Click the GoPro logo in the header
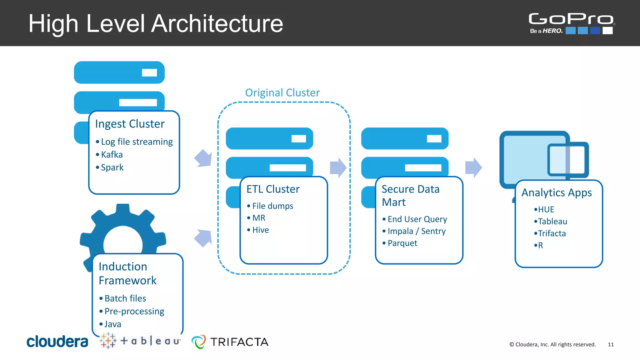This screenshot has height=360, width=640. point(571,22)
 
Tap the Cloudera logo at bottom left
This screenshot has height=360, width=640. point(57,342)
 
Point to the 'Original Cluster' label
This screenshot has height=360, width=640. point(282,92)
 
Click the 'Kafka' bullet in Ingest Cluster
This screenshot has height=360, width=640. point(112,154)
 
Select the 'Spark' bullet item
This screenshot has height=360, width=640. point(112,167)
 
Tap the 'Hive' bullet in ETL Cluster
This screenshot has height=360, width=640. point(260,230)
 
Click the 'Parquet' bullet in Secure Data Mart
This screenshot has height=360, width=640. point(402,243)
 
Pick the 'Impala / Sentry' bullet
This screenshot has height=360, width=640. point(416,231)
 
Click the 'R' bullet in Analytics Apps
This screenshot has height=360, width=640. point(540,245)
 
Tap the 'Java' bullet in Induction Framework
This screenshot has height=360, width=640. point(112,324)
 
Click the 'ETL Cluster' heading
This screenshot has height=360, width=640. point(273,189)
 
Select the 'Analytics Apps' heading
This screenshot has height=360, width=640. point(557,192)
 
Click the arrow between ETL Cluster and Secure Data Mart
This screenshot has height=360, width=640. point(338,168)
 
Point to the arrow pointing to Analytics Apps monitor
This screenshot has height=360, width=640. point(473,168)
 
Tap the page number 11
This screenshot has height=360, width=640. point(611,344)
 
